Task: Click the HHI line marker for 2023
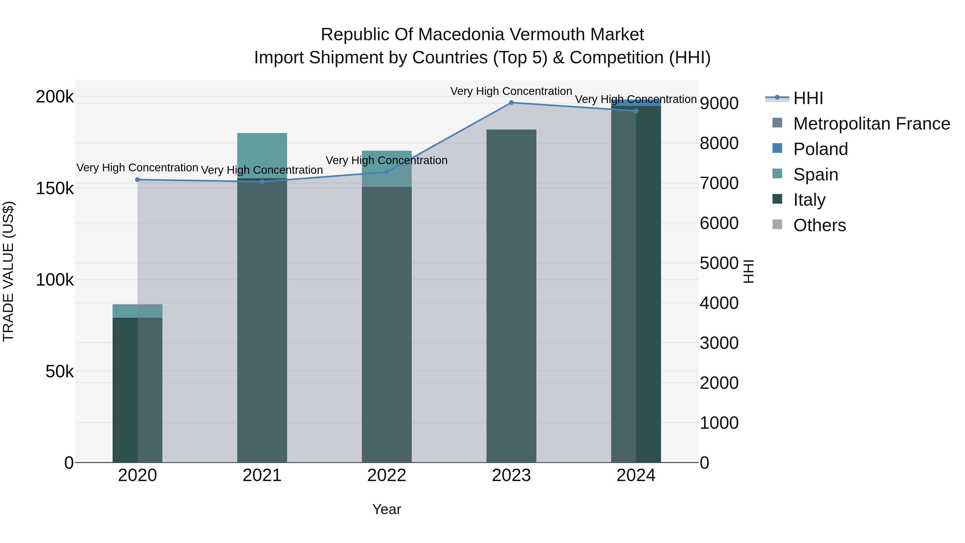pyautogui.click(x=511, y=103)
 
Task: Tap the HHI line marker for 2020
pyautogui.click(x=138, y=179)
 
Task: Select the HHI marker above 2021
pyautogui.click(x=262, y=182)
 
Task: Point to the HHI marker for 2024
pyautogui.click(x=636, y=111)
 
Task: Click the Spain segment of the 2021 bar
pyautogui.click(x=262, y=156)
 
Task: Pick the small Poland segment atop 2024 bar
pyautogui.click(x=636, y=103)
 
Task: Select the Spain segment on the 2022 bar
pyautogui.click(x=387, y=169)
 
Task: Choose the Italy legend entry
pyautogui.click(x=809, y=200)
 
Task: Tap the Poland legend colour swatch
pyautogui.click(x=777, y=148)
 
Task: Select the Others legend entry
pyautogui.click(x=819, y=225)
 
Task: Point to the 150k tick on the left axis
pyautogui.click(x=55, y=189)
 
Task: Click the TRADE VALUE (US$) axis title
pyautogui.click(x=8, y=271)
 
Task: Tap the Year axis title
pyautogui.click(x=387, y=509)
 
